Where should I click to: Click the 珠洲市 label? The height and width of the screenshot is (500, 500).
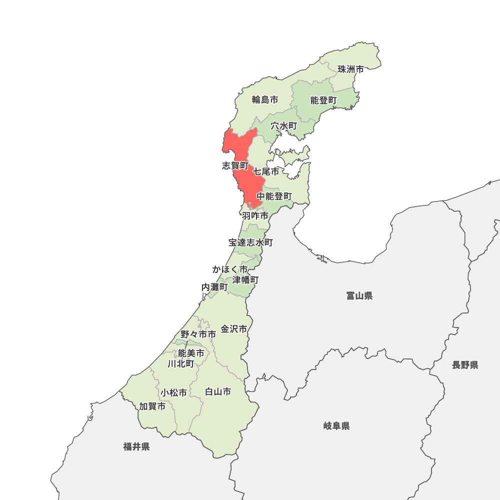(350, 69)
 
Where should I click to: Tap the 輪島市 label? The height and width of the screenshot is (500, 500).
(265, 99)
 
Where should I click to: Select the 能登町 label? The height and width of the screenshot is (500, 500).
(323, 100)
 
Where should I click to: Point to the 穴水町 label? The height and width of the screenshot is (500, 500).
(284, 126)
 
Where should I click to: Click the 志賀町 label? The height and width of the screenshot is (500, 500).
(234, 165)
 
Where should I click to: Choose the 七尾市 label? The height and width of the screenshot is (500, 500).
(266, 171)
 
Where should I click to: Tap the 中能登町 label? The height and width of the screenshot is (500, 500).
(274, 196)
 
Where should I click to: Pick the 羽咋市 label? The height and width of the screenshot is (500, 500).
(255, 216)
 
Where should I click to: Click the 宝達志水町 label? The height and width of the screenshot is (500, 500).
(250, 242)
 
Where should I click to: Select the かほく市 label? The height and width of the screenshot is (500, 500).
(229, 269)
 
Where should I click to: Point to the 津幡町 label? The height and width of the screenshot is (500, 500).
(245, 279)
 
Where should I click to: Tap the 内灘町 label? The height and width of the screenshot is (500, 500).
(214, 287)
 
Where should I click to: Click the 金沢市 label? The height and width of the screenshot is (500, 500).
(234, 329)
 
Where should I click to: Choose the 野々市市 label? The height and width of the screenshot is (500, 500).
(198, 334)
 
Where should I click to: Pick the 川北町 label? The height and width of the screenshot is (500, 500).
(181, 363)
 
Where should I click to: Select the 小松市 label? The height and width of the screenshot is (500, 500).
(174, 392)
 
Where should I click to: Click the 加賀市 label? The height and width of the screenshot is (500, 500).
(152, 406)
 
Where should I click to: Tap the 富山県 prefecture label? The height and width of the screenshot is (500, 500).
(359, 296)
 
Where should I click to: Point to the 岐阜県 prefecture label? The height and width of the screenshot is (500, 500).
(336, 426)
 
